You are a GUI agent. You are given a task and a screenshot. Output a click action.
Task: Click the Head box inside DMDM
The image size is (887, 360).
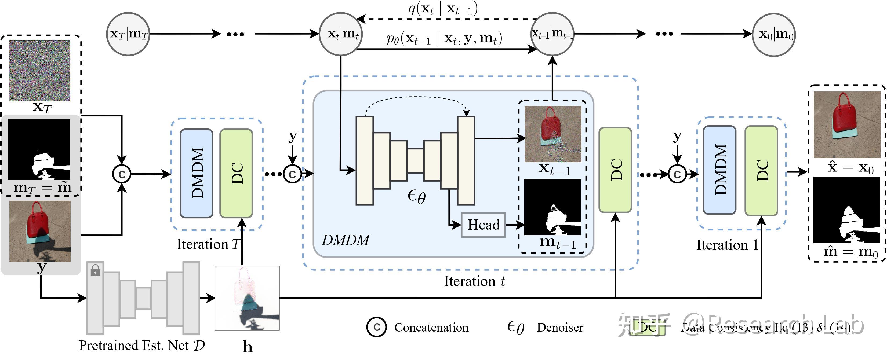483,225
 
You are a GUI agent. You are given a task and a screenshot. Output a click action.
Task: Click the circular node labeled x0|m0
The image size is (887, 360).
774,34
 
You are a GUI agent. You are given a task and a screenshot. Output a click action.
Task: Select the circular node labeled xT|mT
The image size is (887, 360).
128,34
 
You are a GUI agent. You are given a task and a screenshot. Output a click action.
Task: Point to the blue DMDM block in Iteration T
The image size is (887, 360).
197,173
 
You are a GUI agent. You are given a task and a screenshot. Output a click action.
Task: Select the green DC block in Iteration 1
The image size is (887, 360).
761,171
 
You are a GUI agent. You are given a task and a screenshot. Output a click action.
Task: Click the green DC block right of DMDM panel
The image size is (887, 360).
615,170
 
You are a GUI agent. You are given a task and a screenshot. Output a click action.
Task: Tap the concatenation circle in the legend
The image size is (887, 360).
376,327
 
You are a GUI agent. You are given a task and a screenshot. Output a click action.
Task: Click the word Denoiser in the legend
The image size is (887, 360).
560,327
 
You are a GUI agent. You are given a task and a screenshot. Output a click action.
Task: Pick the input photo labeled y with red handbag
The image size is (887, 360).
40,231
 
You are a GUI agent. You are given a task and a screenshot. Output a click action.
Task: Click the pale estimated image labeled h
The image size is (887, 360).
247,298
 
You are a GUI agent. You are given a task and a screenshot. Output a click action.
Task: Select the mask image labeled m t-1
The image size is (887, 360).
552,207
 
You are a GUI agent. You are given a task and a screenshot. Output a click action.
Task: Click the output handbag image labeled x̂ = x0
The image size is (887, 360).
847,124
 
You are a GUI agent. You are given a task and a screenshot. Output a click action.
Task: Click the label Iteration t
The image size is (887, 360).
474,281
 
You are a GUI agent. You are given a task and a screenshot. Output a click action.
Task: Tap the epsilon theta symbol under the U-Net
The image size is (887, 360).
417,197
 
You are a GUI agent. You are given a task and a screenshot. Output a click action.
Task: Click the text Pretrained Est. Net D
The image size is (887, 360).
141,345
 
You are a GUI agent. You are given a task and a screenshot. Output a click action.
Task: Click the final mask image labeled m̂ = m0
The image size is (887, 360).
847,210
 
